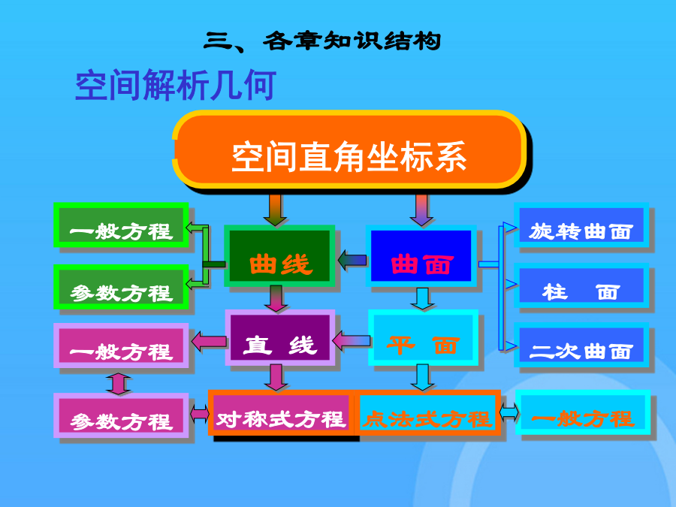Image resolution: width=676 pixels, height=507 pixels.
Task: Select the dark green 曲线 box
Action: pos(279,255)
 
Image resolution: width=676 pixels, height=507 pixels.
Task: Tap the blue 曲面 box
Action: pos(421,255)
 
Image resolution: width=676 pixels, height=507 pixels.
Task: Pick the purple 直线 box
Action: pos(280,337)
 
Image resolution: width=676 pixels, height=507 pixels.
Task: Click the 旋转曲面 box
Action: pos(581,225)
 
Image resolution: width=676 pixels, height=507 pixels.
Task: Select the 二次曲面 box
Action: pos(581,345)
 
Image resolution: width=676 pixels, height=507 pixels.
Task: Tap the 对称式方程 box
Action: pos(282,413)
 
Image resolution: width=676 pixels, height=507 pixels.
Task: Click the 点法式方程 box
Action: pos(427,413)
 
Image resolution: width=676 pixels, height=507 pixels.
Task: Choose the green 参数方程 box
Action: pos(121,287)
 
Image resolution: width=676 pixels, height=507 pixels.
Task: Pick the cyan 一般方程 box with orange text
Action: pos(583,412)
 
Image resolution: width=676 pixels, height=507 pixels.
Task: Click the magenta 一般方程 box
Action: pos(121,346)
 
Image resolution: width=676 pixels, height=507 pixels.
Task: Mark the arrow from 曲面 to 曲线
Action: pos(352,261)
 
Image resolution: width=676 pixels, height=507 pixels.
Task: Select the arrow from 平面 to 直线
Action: pos(352,342)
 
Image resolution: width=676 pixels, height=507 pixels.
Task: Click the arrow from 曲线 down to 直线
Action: pos(276,298)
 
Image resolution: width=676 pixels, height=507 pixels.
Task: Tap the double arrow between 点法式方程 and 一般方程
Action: pos(509,413)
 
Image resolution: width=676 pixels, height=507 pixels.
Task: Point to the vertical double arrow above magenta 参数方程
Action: pos(119,384)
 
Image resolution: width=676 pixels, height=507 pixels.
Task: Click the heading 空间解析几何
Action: pos(176,85)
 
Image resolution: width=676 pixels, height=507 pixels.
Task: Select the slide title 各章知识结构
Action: pos(352,41)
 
